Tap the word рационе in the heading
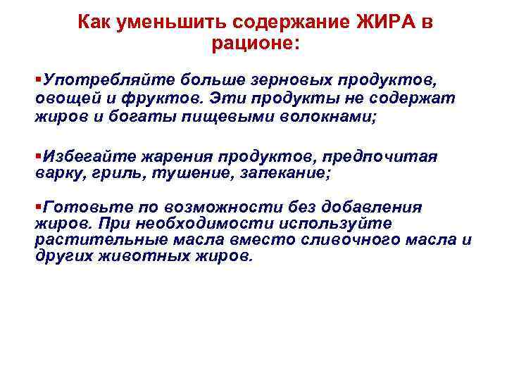[x=251, y=43]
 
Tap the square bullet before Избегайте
[x=38, y=154]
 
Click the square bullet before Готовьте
[x=38, y=206]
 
